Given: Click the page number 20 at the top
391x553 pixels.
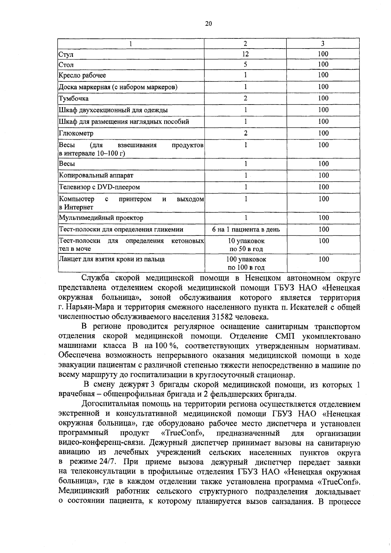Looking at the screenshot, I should pyautogui.click(x=209, y=23).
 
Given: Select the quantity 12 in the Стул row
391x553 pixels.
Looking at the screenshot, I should pyautogui.click(x=245, y=54).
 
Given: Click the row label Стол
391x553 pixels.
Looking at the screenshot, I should pyautogui.click(x=66, y=65).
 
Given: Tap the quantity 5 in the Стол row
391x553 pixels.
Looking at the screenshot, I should pyautogui.click(x=245, y=64).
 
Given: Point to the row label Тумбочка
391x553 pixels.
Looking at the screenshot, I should pyautogui.click(x=73, y=98).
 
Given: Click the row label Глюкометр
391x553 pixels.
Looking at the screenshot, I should pyautogui.click(x=76, y=133).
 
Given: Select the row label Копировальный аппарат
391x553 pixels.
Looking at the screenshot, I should pyautogui.click(x=96, y=175).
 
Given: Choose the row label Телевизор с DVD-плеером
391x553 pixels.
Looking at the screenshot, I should pyautogui.click(x=99, y=187).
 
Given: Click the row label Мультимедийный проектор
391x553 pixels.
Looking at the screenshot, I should pyautogui.click(x=101, y=218).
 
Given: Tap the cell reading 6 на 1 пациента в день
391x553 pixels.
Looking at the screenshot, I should pyautogui.click(x=246, y=230).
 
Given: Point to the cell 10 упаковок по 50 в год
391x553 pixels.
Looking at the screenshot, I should pyautogui.click(x=246, y=245).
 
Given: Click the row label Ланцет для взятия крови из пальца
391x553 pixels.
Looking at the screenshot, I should pyautogui.click(x=111, y=260).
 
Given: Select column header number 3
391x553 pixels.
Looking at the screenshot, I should pyautogui.click(x=323, y=44).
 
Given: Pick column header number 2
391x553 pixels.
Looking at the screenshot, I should pyautogui.click(x=245, y=44).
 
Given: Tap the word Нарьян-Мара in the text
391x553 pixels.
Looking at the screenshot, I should pyautogui.click(x=87, y=307).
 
